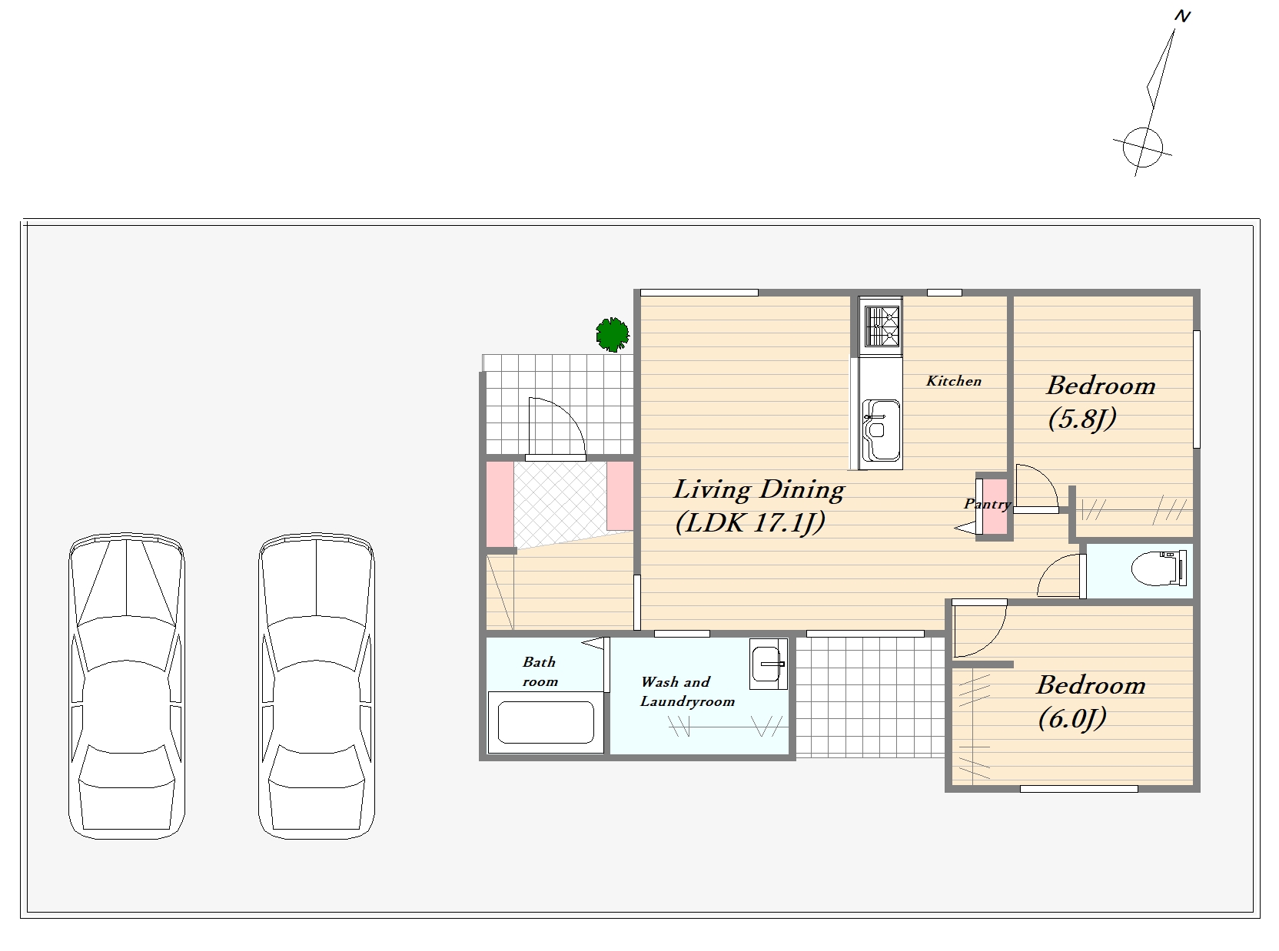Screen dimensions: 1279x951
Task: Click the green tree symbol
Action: (613, 334)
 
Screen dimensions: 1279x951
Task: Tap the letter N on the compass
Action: (1183, 16)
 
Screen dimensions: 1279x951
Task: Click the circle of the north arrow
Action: (1142, 147)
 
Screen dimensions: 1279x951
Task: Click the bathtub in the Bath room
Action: (546, 722)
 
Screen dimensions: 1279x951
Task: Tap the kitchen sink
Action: (881, 430)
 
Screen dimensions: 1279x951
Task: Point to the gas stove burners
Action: (881, 326)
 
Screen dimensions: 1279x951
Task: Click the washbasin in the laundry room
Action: (768, 664)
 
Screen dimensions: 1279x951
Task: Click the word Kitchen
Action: (954, 381)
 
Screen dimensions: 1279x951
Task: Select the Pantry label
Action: (987, 505)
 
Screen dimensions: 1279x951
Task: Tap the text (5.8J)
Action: (1082, 419)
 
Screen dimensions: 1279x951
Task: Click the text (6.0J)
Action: (1072, 718)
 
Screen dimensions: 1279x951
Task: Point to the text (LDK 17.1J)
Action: (749, 523)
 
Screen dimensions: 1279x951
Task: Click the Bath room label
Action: (540, 671)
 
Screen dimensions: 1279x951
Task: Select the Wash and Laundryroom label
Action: (687, 691)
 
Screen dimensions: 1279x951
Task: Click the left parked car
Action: (126, 686)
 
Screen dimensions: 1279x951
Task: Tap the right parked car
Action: (317, 686)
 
